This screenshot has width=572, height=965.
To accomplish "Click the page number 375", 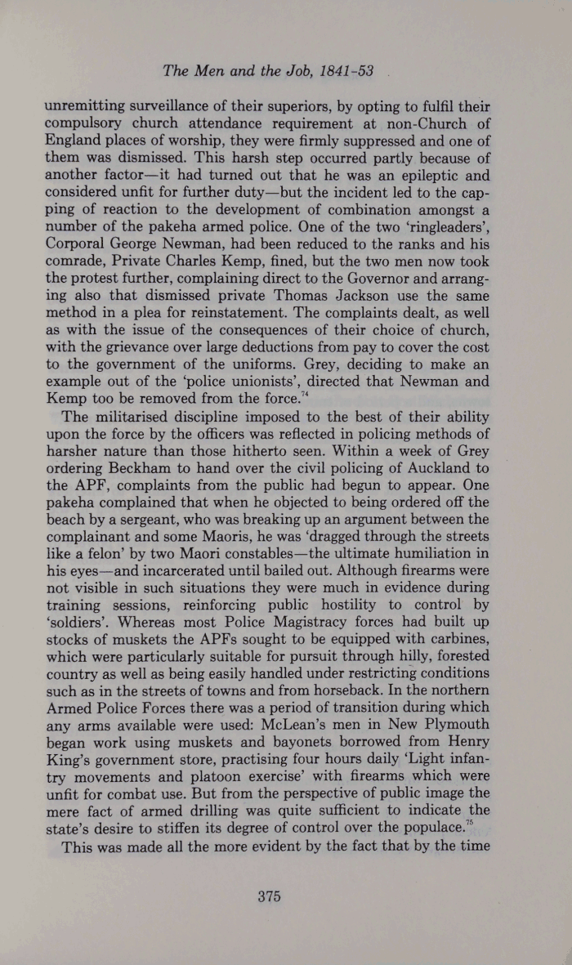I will [x=269, y=896].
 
